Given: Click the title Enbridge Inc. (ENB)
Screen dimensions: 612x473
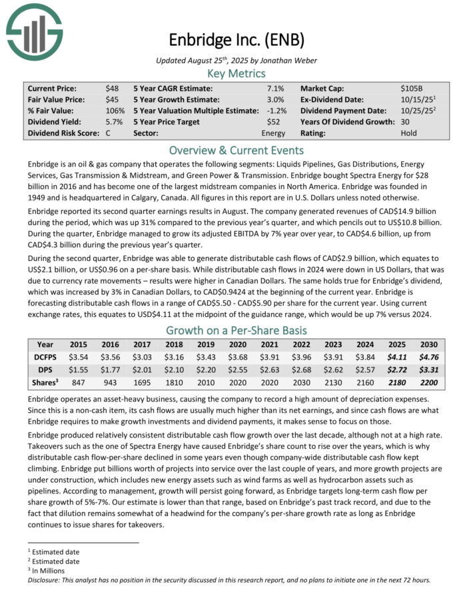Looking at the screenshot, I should point(236,39).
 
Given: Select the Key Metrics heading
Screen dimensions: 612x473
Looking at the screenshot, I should point(236,73).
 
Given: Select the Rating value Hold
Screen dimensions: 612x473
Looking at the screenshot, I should point(409,133).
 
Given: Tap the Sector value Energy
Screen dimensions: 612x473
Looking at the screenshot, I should point(273,133).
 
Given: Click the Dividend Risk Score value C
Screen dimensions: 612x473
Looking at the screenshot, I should point(108,133).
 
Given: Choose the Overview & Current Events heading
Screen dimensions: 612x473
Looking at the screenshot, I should point(236,150).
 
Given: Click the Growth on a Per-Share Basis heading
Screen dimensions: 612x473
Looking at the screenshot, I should point(236,330).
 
